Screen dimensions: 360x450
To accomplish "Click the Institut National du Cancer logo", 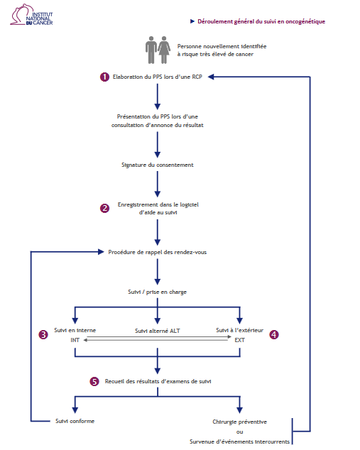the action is (x=31, y=15).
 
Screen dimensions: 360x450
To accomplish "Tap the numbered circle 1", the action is (x=104, y=77).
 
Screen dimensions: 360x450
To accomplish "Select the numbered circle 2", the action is (x=104, y=208).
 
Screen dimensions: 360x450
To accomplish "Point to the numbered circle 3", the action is (x=43, y=334).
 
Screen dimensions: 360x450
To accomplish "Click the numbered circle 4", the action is (x=274, y=334).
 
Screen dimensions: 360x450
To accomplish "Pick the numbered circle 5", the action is (x=94, y=381).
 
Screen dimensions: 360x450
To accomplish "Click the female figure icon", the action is (x=164, y=50).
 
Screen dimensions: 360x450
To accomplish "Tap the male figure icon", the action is (x=151, y=50).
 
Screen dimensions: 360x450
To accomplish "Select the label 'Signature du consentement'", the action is (x=158, y=165).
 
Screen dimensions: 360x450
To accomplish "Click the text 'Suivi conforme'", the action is (x=75, y=421).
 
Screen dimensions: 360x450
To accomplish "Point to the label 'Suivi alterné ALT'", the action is (x=158, y=331).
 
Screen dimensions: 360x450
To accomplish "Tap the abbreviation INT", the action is (x=75, y=340).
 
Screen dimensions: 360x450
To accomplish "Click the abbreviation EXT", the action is (x=240, y=340).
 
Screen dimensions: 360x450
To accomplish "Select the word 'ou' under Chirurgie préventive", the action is (x=240, y=432).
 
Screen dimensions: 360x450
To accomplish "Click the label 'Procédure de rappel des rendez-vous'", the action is (x=158, y=252).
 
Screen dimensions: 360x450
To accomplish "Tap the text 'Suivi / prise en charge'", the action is (x=158, y=292).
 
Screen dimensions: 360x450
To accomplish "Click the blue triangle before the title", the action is (x=192, y=21).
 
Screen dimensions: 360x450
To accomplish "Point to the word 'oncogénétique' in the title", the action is (x=305, y=21).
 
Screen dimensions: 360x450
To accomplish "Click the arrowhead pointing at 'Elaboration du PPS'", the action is (x=211, y=77).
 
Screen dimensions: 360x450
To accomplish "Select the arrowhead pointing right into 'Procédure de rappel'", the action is (x=101, y=252).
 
